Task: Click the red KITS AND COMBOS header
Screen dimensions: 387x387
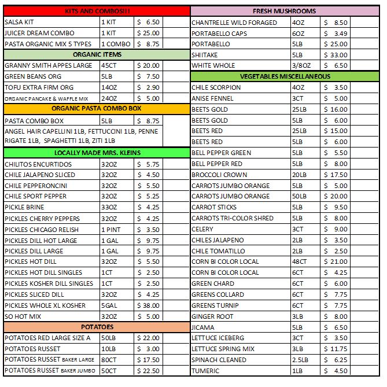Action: (x=97, y=11)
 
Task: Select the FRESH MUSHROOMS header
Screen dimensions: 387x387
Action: (x=285, y=11)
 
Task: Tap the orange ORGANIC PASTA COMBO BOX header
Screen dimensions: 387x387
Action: (x=97, y=109)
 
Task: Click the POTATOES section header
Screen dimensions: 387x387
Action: (x=97, y=327)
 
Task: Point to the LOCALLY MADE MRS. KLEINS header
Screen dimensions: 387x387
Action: (x=97, y=153)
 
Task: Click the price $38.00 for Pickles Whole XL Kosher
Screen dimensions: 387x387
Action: (x=148, y=305)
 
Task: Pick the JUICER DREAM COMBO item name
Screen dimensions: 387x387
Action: (x=39, y=33)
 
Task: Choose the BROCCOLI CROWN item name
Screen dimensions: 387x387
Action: (x=219, y=175)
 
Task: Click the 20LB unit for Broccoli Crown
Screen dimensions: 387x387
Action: (x=300, y=175)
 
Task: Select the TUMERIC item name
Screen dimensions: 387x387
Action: (x=205, y=371)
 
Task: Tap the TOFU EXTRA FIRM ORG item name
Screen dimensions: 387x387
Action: (x=39, y=87)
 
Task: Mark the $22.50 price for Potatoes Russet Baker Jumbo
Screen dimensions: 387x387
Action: (x=148, y=371)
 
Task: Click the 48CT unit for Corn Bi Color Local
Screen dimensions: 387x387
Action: (x=300, y=261)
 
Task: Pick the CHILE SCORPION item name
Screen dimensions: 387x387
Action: (x=216, y=87)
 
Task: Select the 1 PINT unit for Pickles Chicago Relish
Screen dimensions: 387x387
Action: (x=110, y=229)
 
